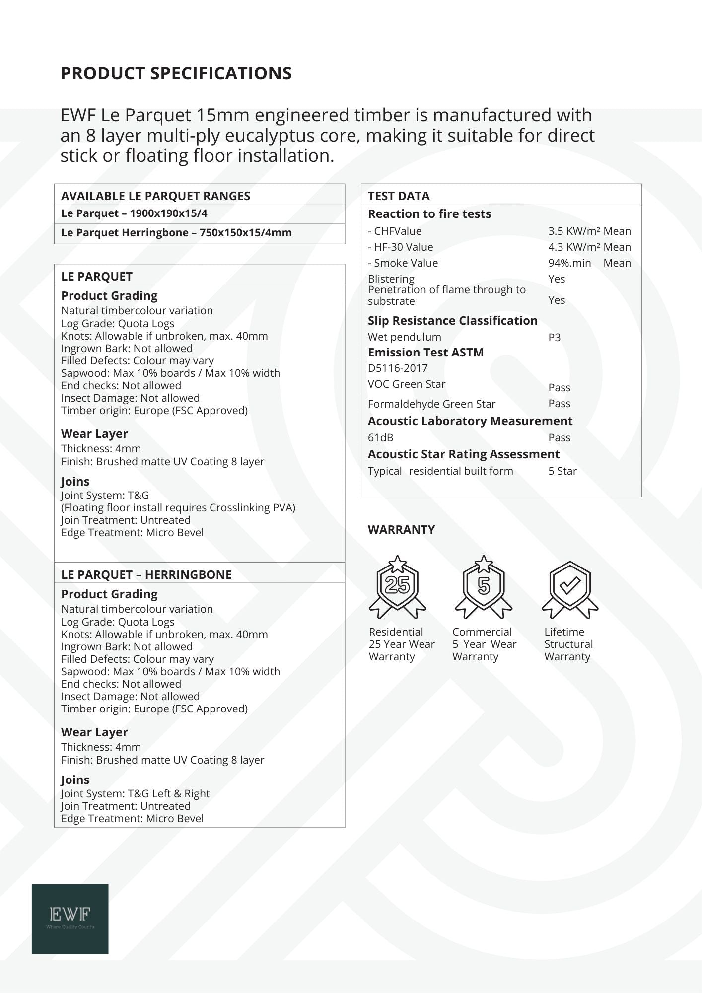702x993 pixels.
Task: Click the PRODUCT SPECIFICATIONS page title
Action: pos(176,73)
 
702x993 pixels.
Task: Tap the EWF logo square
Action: pos(70,919)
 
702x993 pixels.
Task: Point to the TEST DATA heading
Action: pos(399,196)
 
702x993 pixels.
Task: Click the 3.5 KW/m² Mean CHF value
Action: pos(589,231)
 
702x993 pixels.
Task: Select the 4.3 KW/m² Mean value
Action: pos(589,247)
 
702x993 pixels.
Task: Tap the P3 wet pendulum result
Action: pos(555,337)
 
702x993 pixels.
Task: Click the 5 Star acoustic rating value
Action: pos(562,471)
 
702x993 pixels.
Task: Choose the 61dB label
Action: pos(381,437)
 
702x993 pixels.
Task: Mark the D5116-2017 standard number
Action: pos(398,368)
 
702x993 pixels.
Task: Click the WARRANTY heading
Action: pos(401,529)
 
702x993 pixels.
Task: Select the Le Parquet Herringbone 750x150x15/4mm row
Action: pos(176,232)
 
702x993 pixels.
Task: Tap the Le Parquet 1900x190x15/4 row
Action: pos(134,213)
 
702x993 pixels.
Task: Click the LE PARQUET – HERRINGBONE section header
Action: pos(146,574)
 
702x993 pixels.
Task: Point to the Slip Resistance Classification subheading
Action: pos(452,320)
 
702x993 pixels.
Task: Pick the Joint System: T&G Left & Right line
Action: pos(135,793)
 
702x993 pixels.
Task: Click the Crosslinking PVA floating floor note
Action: pos(178,507)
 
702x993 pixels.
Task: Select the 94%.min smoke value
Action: pos(569,263)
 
